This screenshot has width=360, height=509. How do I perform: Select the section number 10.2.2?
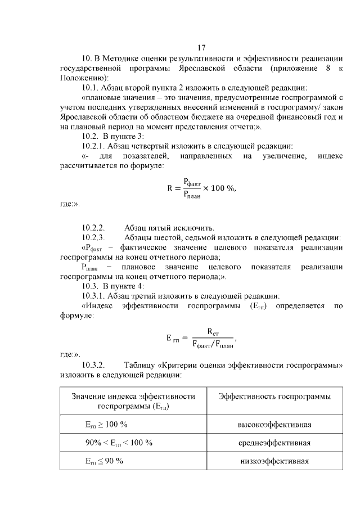point(94,228)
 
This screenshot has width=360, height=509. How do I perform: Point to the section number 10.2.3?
point(94,237)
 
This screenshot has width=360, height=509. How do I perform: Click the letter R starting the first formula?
point(169,188)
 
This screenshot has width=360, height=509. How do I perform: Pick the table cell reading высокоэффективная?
point(274,424)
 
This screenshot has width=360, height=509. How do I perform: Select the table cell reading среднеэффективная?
point(274,443)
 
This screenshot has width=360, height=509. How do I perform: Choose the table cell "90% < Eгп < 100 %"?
point(119,443)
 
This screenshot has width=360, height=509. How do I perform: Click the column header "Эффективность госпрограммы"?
point(274,397)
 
